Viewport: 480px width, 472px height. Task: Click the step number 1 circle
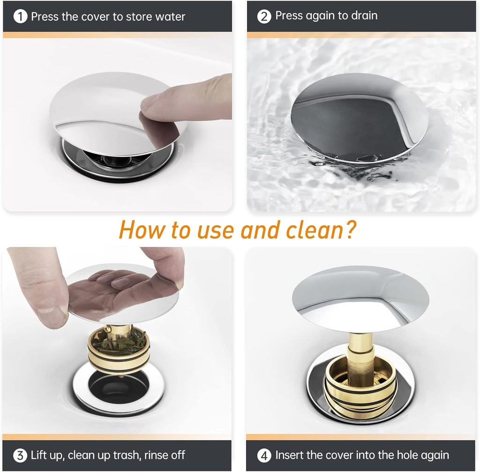pos(21,17)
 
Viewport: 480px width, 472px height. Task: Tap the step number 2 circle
pos(264,17)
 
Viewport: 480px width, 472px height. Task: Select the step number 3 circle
pos(20,455)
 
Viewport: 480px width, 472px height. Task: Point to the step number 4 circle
pos(264,455)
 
